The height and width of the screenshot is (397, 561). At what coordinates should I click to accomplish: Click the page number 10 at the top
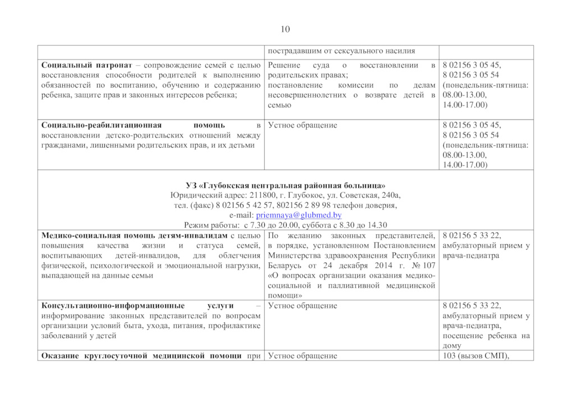point(284,29)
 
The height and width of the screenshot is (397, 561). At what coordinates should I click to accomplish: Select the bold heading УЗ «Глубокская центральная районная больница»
point(286,185)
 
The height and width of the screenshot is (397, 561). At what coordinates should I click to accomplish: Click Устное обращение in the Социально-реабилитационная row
point(302,125)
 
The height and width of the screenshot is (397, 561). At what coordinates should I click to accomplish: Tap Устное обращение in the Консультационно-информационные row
point(302,306)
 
